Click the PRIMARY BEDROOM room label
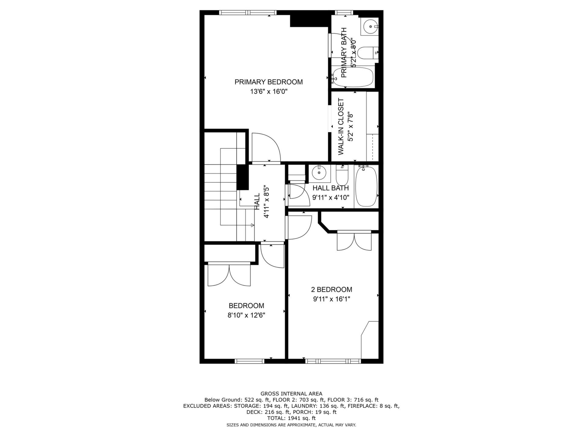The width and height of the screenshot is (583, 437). [268, 82]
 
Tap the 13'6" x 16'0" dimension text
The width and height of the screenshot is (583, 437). [268, 92]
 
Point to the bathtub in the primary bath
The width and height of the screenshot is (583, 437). [353, 77]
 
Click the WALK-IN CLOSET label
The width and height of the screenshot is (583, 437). [341, 127]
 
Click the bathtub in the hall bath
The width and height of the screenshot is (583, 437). [366, 186]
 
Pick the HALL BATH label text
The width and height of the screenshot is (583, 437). [331, 188]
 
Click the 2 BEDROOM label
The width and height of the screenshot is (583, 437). [332, 290]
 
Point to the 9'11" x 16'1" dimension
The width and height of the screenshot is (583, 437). [332, 299]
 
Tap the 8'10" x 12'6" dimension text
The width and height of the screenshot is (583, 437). [246, 315]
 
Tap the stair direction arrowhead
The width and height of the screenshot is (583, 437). [253, 225]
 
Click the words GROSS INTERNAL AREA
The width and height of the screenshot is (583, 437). [291, 394]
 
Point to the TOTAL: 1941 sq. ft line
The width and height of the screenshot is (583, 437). [291, 418]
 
